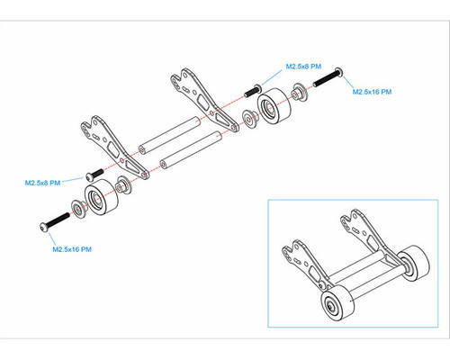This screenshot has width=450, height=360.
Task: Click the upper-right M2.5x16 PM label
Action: click(372, 92)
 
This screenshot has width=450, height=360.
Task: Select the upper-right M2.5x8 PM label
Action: click(303, 67)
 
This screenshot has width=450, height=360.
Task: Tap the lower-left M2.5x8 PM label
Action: click(42, 183)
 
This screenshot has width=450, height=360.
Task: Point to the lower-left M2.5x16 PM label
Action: click(72, 249)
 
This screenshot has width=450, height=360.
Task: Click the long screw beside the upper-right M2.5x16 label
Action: click(328, 77)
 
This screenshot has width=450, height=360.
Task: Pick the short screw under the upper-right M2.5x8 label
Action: click(253, 91)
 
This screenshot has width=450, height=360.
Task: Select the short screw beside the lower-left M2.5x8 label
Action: click(94, 175)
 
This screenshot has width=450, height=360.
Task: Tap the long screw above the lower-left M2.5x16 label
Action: click(55, 221)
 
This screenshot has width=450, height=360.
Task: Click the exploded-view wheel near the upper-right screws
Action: click(274, 105)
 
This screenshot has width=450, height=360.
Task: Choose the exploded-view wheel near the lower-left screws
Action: click(102, 197)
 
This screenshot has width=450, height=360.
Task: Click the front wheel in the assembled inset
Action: click(337, 303)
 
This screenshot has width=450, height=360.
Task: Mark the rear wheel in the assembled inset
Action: click(414, 264)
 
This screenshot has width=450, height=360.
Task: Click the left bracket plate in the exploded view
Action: click(115, 148)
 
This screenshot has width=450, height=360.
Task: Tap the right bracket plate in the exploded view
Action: click(205, 100)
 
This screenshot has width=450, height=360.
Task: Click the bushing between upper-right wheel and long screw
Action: click(299, 93)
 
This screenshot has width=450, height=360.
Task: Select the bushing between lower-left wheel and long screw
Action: click(78, 208)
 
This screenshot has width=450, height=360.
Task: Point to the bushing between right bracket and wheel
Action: click(250, 119)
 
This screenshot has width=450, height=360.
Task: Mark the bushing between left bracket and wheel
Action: click(124, 184)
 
